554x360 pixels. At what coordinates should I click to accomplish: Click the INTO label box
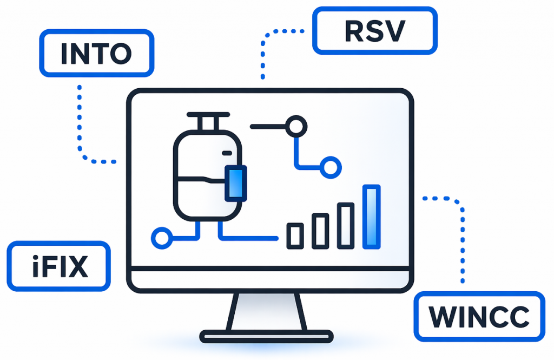pyautogui.click(x=96, y=53)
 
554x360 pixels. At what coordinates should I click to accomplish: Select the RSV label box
pyautogui.click(x=374, y=31)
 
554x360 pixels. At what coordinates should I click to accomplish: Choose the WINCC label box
pyautogui.click(x=479, y=317)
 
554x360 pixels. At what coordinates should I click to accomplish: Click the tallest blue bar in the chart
pyautogui.click(x=372, y=217)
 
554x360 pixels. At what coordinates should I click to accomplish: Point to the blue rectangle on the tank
pyautogui.click(x=235, y=182)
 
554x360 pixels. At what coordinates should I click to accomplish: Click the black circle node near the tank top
pyautogui.click(x=296, y=127)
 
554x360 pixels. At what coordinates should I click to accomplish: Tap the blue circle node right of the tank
pyautogui.click(x=330, y=166)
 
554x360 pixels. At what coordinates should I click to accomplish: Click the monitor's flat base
pyautogui.click(x=267, y=336)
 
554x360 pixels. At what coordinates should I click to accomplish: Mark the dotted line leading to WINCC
pyautogui.click(x=461, y=238)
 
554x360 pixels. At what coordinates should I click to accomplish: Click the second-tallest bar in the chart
pyautogui.click(x=346, y=226)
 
